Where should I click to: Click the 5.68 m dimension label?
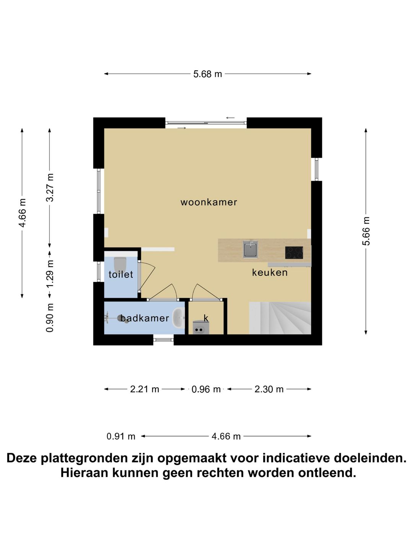click(x=207, y=74)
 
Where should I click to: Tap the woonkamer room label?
click(x=209, y=202)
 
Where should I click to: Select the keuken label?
click(x=270, y=272)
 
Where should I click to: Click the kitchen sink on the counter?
click(x=250, y=249)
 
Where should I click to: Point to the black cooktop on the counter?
click(x=294, y=252)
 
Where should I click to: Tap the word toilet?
click(x=121, y=274)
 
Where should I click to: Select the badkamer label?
click(x=145, y=318)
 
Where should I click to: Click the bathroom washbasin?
click(x=178, y=318)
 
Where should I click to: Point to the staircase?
click(x=280, y=318)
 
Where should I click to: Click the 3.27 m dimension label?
click(x=50, y=187)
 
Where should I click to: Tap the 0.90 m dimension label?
click(x=50, y=318)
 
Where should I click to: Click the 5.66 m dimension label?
click(x=366, y=231)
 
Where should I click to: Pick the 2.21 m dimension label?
click(x=145, y=389)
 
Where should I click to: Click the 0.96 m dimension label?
click(x=206, y=389)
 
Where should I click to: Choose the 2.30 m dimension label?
click(x=269, y=389)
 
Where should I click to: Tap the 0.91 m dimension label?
click(x=121, y=436)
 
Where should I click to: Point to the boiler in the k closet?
click(x=199, y=328)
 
